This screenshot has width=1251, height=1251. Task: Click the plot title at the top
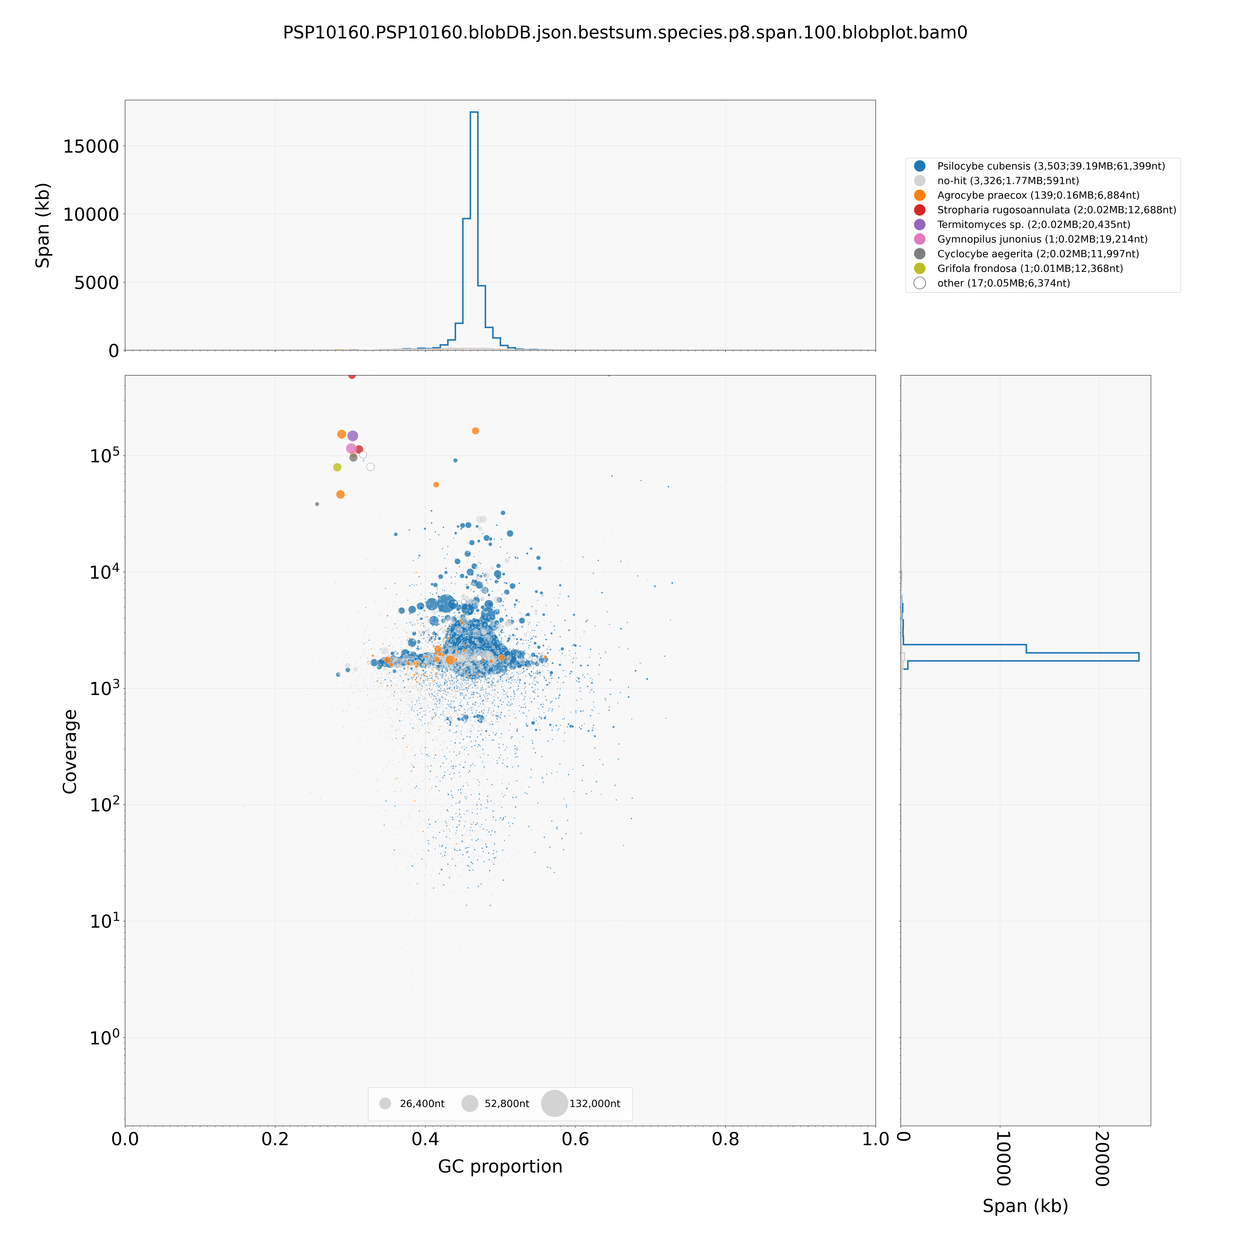[x=625, y=32]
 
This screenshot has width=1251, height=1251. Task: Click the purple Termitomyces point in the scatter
[x=353, y=436]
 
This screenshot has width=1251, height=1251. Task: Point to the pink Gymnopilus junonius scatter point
[x=351, y=448]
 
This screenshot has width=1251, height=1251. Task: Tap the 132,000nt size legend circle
[x=554, y=1103]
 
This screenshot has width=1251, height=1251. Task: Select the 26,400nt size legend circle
[x=385, y=1103]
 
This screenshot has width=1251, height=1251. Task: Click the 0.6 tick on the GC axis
[x=575, y=1138]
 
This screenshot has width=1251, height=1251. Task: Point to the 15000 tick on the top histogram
[x=91, y=146]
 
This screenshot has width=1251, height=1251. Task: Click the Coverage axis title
[x=70, y=751]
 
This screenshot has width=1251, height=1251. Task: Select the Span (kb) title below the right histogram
[x=1025, y=1206]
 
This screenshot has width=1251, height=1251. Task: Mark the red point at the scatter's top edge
[x=352, y=375]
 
